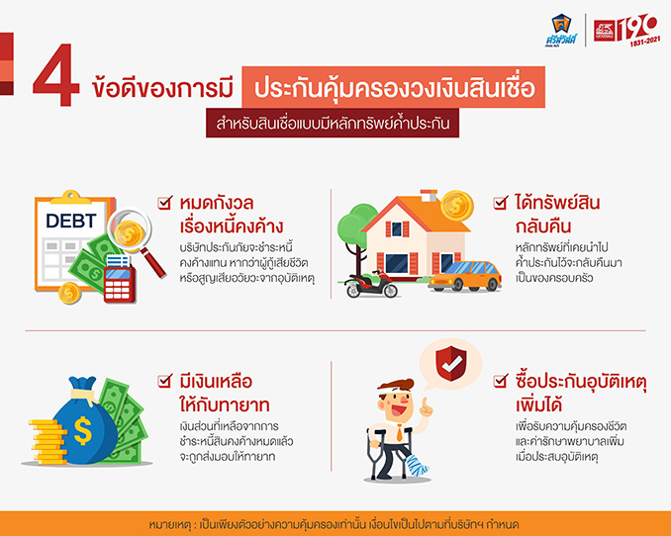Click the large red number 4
[x=56, y=75]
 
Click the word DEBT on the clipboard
[x=71, y=221]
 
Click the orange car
[x=465, y=277]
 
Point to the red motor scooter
[x=371, y=285]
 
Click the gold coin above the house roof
[x=457, y=206]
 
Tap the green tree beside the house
[x=354, y=231]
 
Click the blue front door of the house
[x=396, y=264]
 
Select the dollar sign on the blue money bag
[x=82, y=431]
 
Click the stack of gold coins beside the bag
[x=48, y=442]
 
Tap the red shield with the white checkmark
[x=451, y=364]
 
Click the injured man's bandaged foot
[x=417, y=466]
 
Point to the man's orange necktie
[x=399, y=432]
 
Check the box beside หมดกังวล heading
[x=164, y=202]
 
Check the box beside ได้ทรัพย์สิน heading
[x=500, y=202]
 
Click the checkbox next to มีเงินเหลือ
[x=164, y=381]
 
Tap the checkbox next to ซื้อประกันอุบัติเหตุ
[x=500, y=381]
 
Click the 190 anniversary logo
[x=627, y=30]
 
